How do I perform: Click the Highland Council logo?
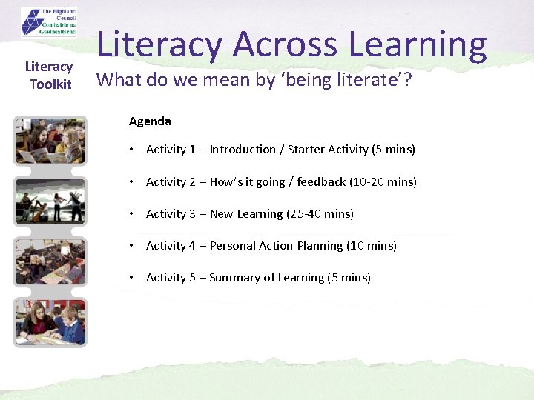point(50,22)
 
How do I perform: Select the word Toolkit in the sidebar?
point(50,84)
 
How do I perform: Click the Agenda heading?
point(150,121)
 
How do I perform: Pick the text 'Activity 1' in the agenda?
point(171,150)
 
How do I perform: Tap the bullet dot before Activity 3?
point(131,213)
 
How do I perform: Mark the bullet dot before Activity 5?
point(131,278)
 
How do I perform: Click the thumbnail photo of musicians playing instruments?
point(50,201)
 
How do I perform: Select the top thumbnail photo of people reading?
point(50,141)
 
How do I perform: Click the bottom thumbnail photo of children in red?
point(50,322)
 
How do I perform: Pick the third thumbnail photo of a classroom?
point(50,261)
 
